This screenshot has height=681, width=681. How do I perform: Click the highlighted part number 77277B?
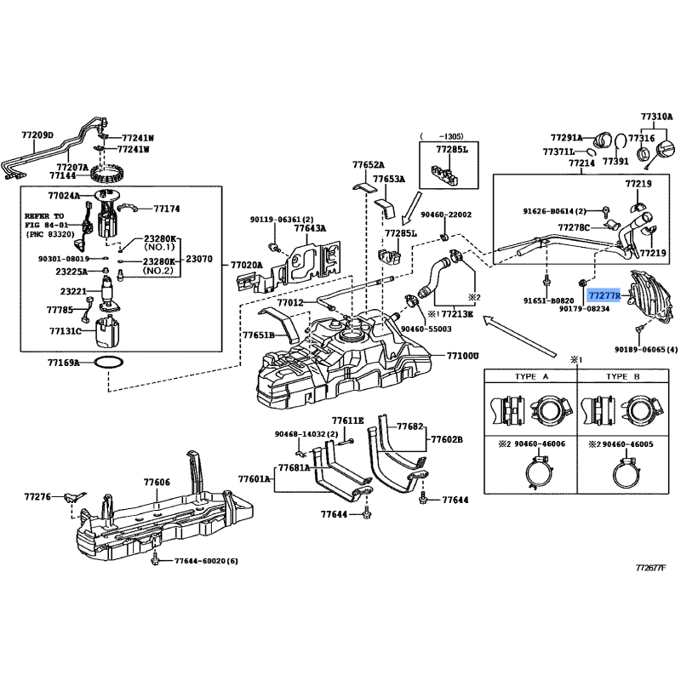(x=606, y=295)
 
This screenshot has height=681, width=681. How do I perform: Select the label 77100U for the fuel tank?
(x=463, y=356)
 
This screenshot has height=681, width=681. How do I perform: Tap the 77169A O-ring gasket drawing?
(x=106, y=363)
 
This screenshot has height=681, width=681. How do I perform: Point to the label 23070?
(x=200, y=259)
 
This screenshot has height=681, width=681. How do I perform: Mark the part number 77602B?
(x=447, y=439)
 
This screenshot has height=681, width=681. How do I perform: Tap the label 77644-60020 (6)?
(x=207, y=561)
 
